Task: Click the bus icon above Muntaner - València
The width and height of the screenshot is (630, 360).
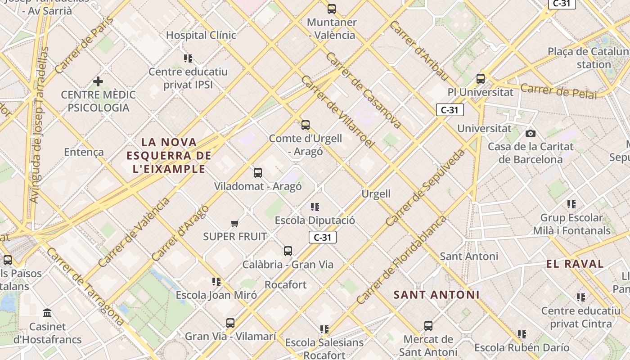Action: coord(332,9)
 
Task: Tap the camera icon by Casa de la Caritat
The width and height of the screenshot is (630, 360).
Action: coord(531,133)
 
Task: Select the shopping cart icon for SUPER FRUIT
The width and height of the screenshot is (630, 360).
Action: coord(234,223)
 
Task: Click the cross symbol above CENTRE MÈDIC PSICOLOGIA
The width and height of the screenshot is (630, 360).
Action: coord(98,81)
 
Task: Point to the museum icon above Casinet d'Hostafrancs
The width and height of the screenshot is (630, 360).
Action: coord(47,313)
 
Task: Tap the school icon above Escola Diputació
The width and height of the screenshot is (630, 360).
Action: coord(315,207)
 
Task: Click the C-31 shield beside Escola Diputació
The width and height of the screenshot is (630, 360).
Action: coord(323,237)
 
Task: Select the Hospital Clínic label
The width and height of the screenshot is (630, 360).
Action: coord(201,35)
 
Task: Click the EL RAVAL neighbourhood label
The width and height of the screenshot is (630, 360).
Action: coord(575,264)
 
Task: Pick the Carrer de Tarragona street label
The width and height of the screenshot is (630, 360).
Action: coord(85,286)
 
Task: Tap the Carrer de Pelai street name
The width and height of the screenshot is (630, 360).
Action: coord(559,91)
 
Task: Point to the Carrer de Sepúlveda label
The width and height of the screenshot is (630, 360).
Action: coord(425,188)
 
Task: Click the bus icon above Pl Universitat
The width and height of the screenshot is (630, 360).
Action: coord(481,79)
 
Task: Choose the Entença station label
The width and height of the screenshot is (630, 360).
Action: coord(84,152)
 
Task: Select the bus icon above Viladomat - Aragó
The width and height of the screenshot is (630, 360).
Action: coord(258,173)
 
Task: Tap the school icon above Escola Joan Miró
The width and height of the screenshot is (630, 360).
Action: coord(216,282)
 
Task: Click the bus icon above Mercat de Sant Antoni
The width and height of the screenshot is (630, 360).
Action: coord(428,325)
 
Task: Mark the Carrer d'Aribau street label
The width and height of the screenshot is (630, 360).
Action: coord(419,50)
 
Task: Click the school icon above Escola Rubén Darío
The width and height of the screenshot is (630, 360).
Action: coord(522,334)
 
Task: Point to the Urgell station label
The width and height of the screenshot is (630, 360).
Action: coord(376,194)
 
